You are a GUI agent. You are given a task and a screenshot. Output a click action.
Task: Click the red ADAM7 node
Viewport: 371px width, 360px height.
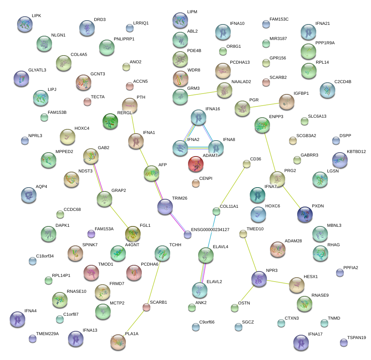(x=196, y=164)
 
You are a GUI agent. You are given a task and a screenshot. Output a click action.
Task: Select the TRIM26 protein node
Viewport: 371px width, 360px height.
(x=165, y=207)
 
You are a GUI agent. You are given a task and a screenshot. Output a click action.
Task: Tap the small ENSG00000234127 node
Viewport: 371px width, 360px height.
(x=188, y=234)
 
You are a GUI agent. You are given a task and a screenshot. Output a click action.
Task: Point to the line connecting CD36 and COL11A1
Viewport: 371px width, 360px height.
(x=231, y=188)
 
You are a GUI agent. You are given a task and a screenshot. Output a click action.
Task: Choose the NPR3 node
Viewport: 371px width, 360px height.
(x=259, y=279)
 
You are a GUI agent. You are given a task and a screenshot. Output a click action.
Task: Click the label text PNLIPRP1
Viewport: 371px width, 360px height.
(x=124, y=39)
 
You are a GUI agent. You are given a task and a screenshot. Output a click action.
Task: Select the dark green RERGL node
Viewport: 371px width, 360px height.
(x=110, y=121)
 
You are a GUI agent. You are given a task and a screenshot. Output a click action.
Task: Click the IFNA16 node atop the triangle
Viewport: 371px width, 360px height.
(x=199, y=117)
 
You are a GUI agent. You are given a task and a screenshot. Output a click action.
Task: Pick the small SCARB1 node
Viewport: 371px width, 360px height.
(x=146, y=307)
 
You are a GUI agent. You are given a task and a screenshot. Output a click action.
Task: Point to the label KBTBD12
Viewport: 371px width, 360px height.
(x=356, y=151)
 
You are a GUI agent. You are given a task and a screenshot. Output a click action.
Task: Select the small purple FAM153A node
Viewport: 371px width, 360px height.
(x=91, y=234)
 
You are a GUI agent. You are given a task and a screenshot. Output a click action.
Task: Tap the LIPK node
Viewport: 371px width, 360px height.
(x=25, y=24)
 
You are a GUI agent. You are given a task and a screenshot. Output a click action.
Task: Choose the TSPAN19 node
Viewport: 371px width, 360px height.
(x=343, y=342)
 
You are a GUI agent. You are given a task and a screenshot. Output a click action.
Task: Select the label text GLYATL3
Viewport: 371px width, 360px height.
(x=37, y=70)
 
